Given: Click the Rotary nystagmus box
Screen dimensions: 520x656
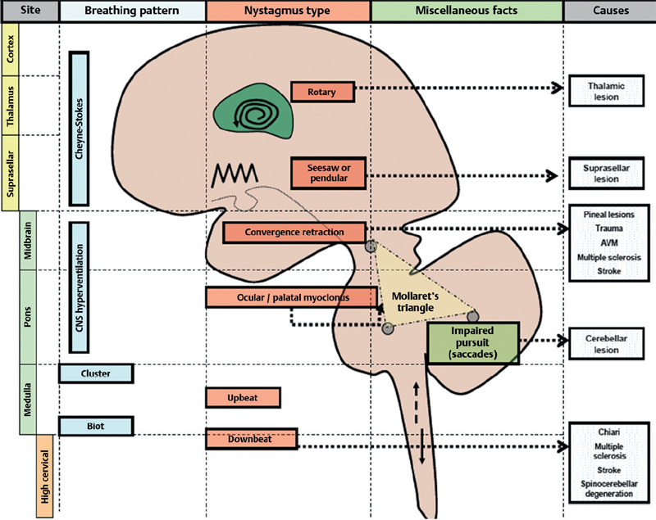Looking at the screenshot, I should click(322, 91).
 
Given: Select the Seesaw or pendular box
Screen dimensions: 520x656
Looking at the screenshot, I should click(327, 173).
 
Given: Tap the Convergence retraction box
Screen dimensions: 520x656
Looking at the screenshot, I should click(294, 233).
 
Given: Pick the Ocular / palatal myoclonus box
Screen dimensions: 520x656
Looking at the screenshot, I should click(291, 298).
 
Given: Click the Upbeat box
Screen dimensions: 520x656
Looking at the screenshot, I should click(244, 398).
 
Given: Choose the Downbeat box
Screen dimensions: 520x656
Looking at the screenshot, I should click(250, 440).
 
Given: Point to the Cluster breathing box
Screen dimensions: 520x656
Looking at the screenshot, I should click(96, 373).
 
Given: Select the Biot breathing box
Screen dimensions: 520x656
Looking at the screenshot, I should click(93, 425).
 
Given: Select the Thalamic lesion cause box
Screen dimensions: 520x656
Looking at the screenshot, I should click(607, 91).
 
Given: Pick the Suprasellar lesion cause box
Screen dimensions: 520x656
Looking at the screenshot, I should click(607, 171).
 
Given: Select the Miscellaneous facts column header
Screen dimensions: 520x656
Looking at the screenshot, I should click(467, 12).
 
